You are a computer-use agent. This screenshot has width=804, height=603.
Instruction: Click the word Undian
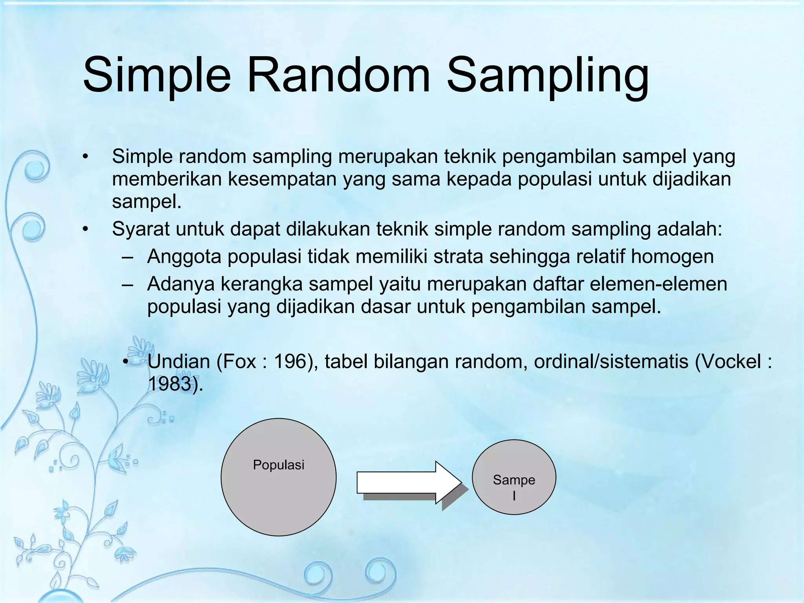tap(179, 362)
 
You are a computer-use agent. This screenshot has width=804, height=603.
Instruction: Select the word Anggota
tap(184, 257)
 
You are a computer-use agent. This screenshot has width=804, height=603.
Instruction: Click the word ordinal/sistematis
tap(611, 362)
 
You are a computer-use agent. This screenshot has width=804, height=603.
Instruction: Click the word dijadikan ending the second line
tap(692, 179)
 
